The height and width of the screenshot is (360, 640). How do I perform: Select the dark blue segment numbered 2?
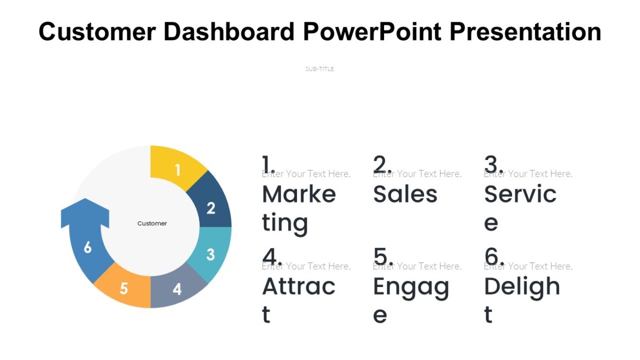pyautogui.click(x=211, y=207)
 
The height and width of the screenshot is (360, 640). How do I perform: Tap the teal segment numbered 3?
pyautogui.click(x=211, y=254)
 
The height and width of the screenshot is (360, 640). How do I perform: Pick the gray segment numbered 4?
pyautogui.click(x=178, y=289)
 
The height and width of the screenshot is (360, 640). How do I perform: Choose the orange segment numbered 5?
pyautogui.click(x=124, y=288)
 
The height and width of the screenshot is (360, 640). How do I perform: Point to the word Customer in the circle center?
pyautogui.click(x=152, y=223)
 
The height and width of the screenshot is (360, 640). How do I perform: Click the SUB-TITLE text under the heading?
pyautogui.click(x=319, y=69)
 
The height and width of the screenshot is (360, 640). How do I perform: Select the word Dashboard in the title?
pyautogui.click(x=229, y=31)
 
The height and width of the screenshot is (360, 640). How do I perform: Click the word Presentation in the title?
pyautogui.click(x=525, y=31)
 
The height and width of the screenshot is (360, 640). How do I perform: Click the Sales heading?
pyautogui.click(x=405, y=194)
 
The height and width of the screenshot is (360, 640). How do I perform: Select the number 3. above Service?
pyautogui.click(x=494, y=164)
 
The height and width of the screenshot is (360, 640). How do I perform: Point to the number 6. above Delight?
pyautogui.click(x=494, y=257)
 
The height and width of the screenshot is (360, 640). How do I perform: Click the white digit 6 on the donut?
pyautogui.click(x=87, y=247)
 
